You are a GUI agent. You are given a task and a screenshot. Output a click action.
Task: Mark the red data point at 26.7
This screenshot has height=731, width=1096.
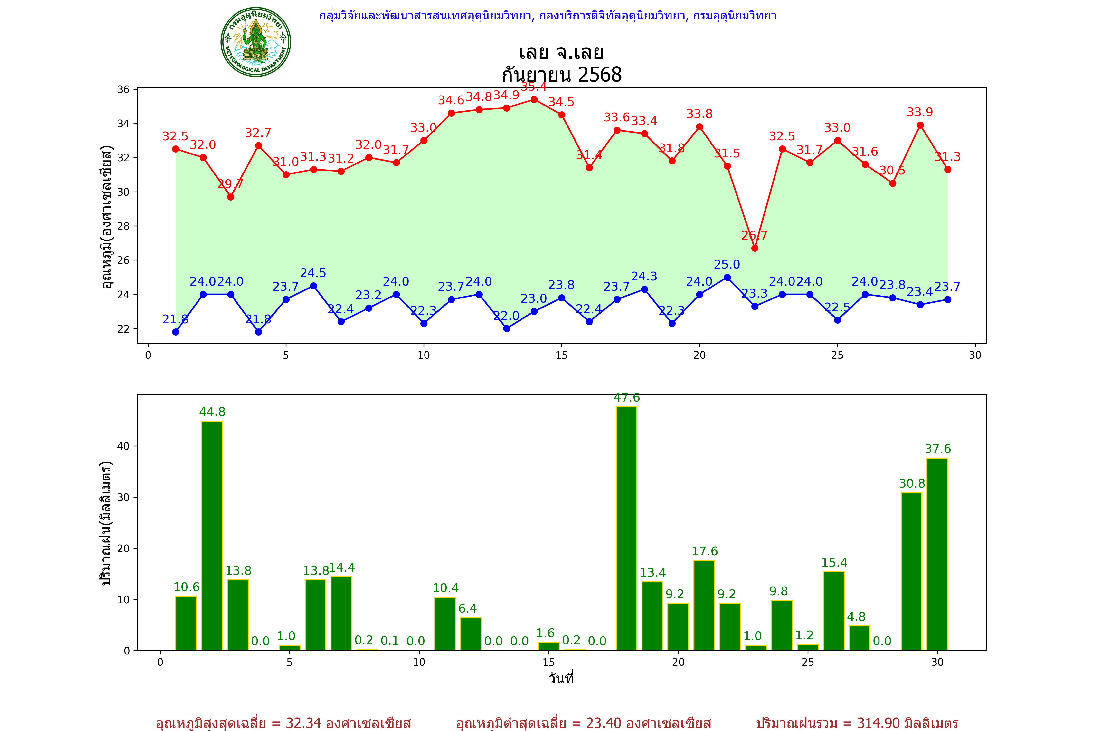coord(755,248)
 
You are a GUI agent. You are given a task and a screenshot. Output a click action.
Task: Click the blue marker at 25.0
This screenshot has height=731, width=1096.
coord(727,277)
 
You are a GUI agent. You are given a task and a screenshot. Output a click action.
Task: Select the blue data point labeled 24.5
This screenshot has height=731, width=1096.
coord(314,286)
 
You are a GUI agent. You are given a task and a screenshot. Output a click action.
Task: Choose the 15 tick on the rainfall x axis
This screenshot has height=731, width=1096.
coord(548,663)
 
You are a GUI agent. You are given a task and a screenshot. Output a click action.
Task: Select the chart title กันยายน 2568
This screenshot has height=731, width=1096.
coord(561,75)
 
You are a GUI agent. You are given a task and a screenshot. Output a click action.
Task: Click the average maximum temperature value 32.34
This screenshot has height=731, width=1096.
coord(303,723)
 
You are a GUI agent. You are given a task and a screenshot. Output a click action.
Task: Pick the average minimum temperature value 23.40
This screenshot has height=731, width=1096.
coord(604,723)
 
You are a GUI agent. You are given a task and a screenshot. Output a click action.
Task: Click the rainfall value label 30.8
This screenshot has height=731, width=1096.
coord(911,483)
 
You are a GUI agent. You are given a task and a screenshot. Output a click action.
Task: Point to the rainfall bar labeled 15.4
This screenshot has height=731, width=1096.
coord(834,611)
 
